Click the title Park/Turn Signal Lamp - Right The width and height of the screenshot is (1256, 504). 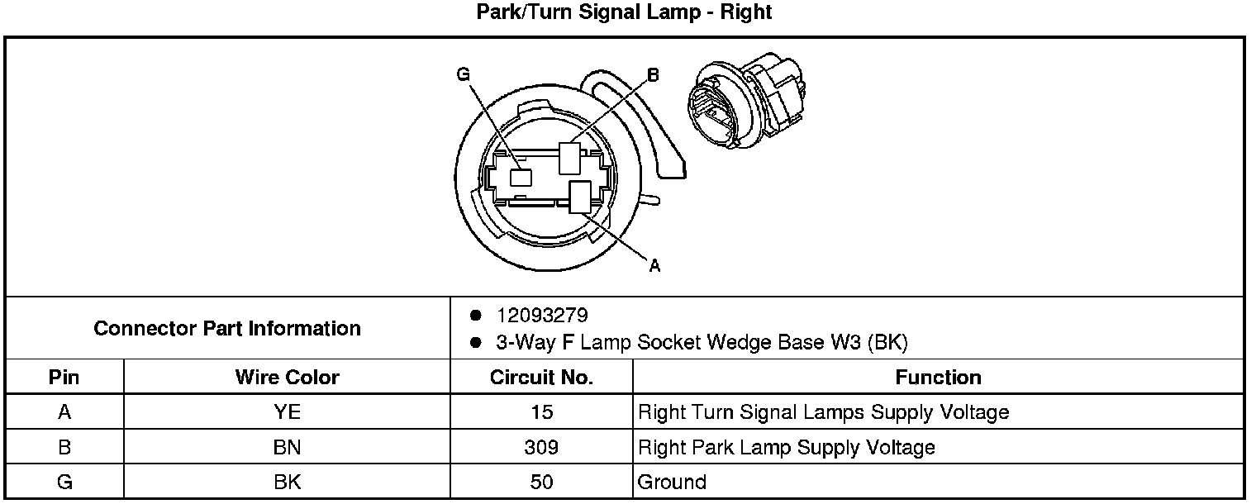[625, 12]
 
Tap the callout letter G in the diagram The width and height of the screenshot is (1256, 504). [463, 75]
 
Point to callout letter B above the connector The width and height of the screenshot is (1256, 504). [653, 75]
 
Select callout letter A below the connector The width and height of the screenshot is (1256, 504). [654, 265]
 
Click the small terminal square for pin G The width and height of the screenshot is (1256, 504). [520, 177]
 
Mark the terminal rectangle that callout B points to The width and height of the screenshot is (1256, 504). [569, 159]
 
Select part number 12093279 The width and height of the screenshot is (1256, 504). [542, 316]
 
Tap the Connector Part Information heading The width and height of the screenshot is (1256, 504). [227, 328]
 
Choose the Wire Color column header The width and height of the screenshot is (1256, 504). [287, 378]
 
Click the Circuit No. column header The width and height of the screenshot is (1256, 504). [541, 378]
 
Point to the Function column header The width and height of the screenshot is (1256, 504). [938, 378]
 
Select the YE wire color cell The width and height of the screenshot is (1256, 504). [287, 412]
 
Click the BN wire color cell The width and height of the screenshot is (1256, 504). [287, 447]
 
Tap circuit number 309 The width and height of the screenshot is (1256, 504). [541, 447]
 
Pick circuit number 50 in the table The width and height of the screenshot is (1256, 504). [541, 482]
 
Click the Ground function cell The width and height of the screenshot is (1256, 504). [673, 482]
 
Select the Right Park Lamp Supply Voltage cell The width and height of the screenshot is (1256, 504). [787, 447]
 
